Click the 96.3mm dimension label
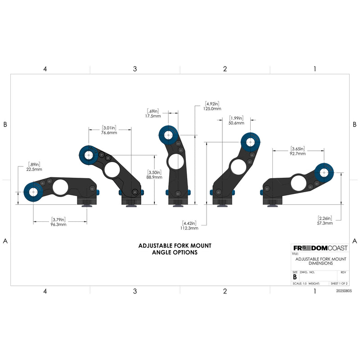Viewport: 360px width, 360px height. click(58, 224)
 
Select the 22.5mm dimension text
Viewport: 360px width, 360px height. click(34, 170)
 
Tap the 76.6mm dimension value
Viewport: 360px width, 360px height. click(109, 133)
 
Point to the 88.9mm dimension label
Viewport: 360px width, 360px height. click(154, 177)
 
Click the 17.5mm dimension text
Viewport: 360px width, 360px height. click(153, 116)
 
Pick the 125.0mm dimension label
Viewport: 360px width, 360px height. click(212, 109)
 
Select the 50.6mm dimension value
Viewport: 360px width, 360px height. click(236, 123)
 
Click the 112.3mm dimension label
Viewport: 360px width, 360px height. click(189, 228)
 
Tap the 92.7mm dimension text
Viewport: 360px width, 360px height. click(297, 153)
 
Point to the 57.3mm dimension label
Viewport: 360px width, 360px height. click(325, 223)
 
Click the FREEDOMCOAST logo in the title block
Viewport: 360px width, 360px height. click(320, 248)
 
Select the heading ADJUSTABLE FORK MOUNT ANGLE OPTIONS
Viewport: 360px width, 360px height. click(175, 249)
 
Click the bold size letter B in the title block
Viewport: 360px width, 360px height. click(295, 277)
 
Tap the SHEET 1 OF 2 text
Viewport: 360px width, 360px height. click(339, 283)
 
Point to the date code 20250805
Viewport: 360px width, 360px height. click(344, 291)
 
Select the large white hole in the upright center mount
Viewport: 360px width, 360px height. click(176, 162)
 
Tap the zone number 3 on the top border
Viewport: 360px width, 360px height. click(135, 69)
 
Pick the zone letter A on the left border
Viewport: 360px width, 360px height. click(5, 241)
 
